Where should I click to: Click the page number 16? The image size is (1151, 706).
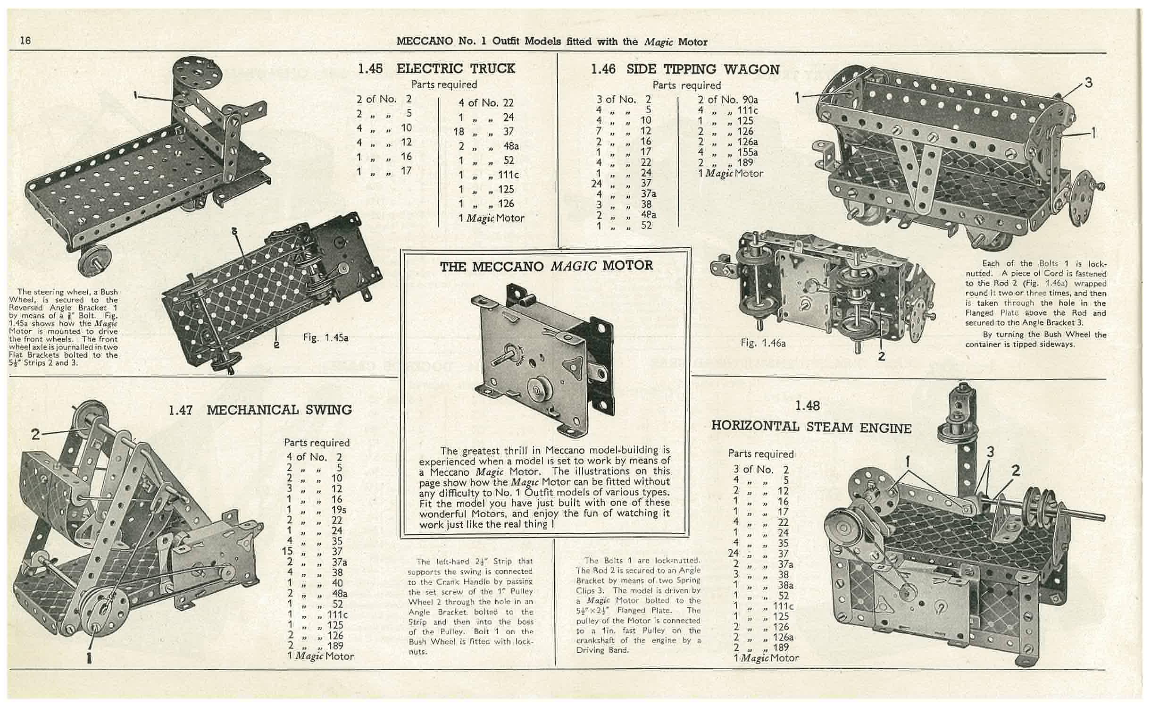tap(25, 41)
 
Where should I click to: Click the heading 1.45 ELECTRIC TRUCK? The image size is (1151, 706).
tap(436, 69)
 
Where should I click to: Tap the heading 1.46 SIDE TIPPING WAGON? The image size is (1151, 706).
tap(685, 70)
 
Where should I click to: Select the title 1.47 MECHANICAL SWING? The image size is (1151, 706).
tap(260, 410)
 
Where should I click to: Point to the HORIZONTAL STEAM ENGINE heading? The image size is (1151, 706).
tap(811, 427)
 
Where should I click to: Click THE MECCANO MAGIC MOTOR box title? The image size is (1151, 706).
tap(546, 266)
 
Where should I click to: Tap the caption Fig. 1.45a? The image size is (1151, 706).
tap(325, 338)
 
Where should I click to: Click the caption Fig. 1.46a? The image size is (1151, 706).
tap(763, 344)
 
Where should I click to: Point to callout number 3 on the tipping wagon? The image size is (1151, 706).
tap(1088, 83)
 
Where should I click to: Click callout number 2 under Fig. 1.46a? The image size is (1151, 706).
tap(881, 356)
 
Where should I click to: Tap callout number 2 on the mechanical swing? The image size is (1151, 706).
tap(35, 434)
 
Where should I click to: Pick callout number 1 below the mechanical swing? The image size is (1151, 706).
tap(89, 657)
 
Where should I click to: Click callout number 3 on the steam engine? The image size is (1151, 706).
tap(990, 452)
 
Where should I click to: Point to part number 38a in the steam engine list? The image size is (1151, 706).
tap(785, 585)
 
